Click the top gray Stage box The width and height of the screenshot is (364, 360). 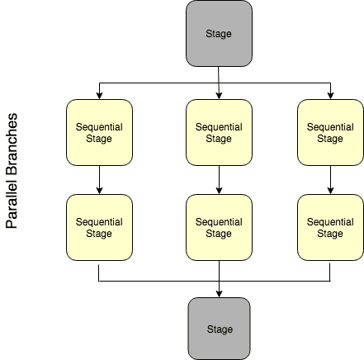click(219, 34)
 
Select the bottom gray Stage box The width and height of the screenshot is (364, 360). click(219, 328)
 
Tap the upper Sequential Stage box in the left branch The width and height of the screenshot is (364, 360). click(99, 133)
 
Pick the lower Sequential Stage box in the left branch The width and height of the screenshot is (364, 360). click(99, 227)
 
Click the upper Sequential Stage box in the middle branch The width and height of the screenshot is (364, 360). click(219, 133)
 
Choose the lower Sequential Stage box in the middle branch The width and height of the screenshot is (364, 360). click(219, 227)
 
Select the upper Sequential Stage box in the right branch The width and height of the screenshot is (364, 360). click(330, 133)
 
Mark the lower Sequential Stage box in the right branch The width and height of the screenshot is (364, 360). click(330, 227)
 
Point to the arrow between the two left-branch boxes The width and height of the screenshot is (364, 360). click(99, 180)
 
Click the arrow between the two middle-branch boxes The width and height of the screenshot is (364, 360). click(219, 180)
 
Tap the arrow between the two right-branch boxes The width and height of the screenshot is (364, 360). click(330, 180)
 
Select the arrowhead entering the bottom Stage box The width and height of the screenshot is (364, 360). click(219, 293)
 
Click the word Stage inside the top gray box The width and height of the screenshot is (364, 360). click(219, 34)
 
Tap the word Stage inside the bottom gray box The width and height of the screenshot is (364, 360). click(219, 329)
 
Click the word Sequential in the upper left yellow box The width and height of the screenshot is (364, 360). click(99, 127)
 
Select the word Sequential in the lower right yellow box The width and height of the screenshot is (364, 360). click(330, 221)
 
